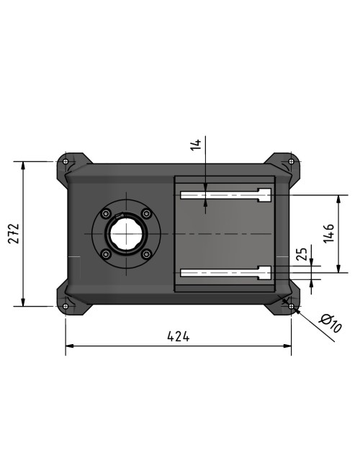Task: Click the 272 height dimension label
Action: pyautogui.click(x=14, y=234)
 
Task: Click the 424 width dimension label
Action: pyautogui.click(x=179, y=336)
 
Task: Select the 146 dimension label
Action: pyautogui.click(x=329, y=233)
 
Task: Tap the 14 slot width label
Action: pyautogui.click(x=196, y=145)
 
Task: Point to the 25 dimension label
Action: pyautogui.click(x=302, y=254)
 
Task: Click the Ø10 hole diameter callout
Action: pyautogui.click(x=330, y=323)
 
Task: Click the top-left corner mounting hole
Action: pyautogui.click(x=66, y=161)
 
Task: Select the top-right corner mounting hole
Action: pyautogui.click(x=291, y=161)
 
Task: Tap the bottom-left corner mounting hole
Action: pyautogui.click(x=66, y=306)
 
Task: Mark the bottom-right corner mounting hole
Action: pyautogui.click(x=291, y=306)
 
